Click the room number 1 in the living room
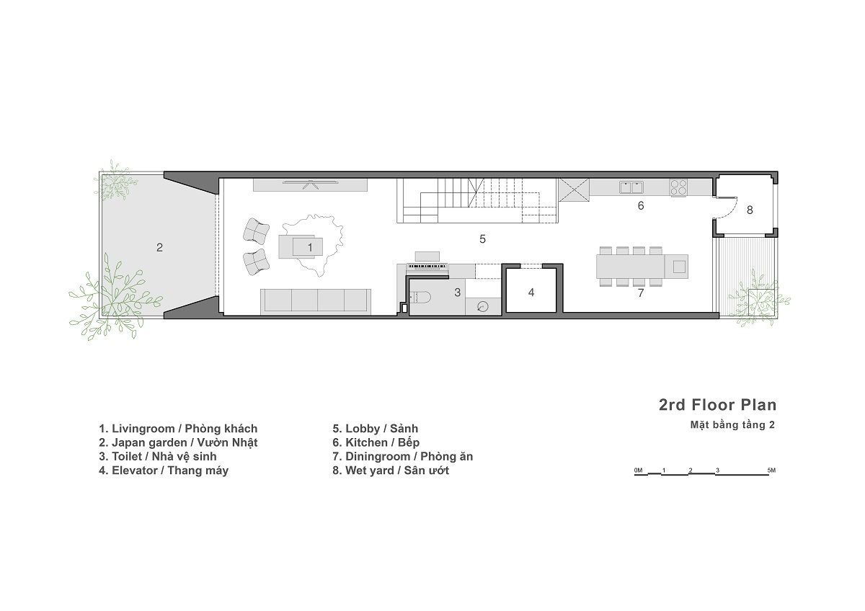tap(310, 246)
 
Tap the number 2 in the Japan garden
tap(159, 247)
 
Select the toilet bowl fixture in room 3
tap(420, 295)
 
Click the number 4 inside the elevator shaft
tap(531, 293)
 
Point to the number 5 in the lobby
tap(482, 238)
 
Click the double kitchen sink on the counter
tap(632, 187)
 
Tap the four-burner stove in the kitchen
tap(678, 187)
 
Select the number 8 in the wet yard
tap(750, 210)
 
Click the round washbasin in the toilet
tap(482, 306)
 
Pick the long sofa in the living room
tap(316, 300)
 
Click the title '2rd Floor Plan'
tap(717, 404)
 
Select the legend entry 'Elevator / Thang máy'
tap(164, 470)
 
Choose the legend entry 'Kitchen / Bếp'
tap(376, 442)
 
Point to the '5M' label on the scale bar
tap(771, 470)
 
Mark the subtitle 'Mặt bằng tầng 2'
tap(732, 425)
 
